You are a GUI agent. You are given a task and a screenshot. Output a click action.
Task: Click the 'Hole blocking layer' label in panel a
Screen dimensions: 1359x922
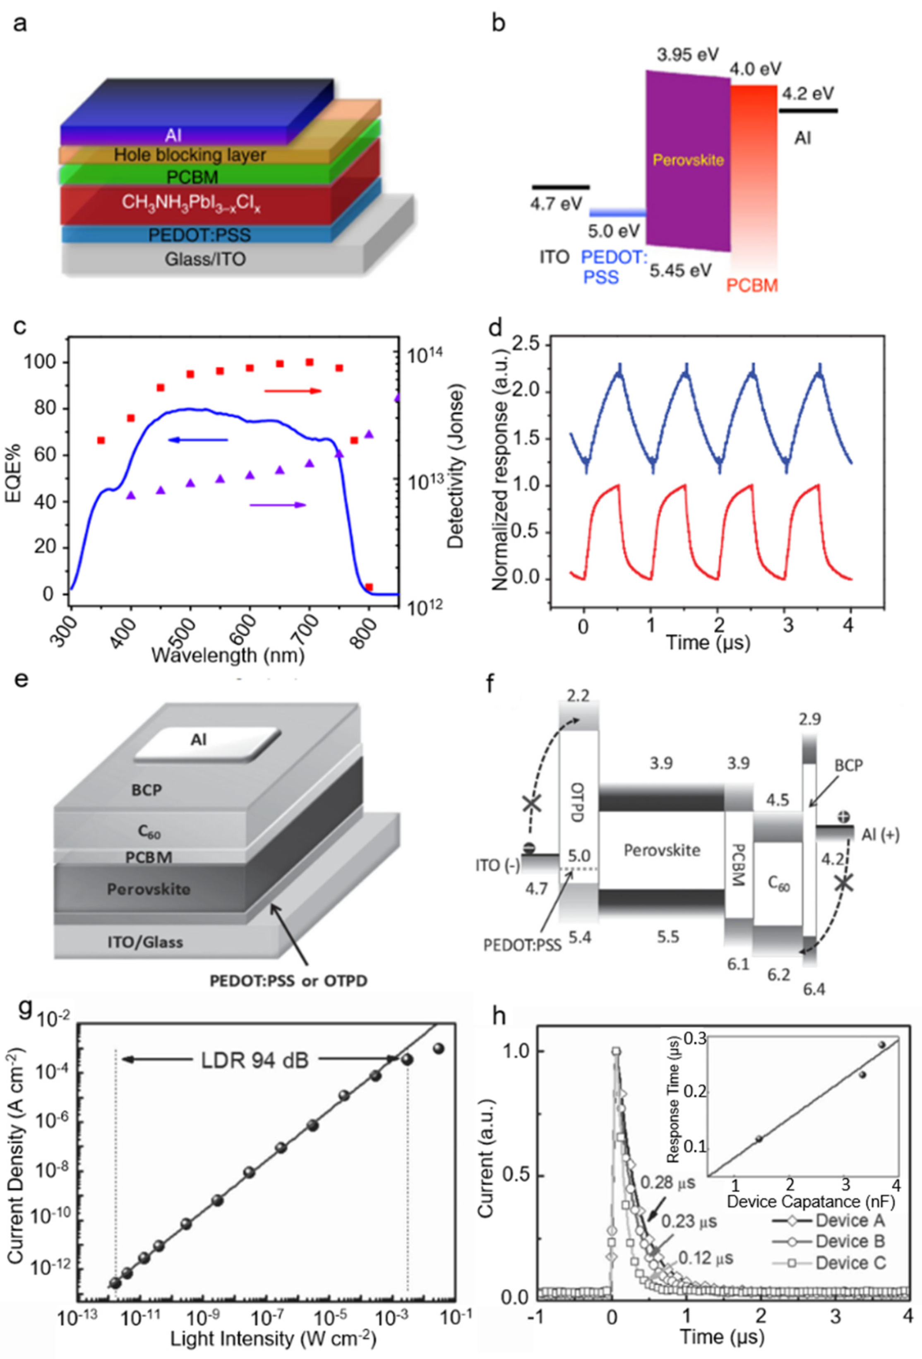tap(190, 155)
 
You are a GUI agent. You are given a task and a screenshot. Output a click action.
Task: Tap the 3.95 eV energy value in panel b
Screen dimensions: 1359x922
tap(687, 55)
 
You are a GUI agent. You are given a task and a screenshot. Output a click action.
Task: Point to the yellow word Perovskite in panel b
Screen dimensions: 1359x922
tap(688, 160)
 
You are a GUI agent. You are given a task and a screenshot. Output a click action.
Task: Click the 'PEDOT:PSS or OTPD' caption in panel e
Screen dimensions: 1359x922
tap(288, 980)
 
